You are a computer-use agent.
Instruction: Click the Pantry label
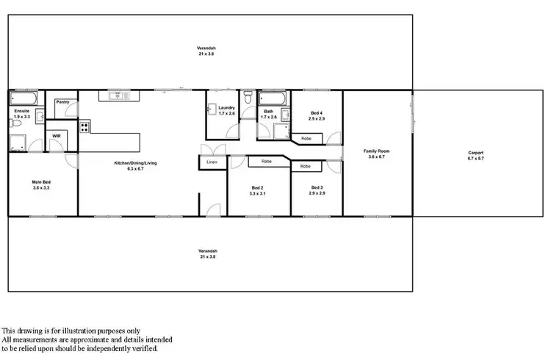(x=62, y=102)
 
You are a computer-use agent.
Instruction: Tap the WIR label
(x=57, y=136)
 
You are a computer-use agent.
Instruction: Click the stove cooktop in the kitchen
(x=84, y=126)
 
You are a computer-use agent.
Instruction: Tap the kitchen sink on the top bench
(x=117, y=96)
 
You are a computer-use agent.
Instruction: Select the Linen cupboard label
(x=212, y=162)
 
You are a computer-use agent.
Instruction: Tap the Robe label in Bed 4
(x=306, y=137)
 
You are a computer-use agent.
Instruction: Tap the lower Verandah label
(x=206, y=254)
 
